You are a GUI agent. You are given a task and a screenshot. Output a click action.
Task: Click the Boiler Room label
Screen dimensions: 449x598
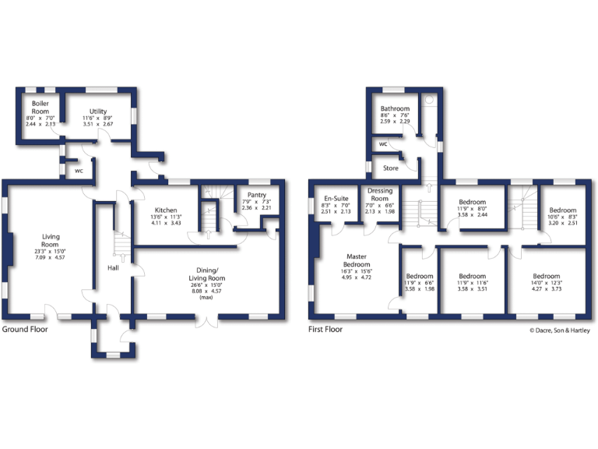pos(40,108)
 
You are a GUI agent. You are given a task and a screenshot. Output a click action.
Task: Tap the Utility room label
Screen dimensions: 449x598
pos(98,112)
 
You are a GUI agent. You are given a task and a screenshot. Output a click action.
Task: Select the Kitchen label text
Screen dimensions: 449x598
pos(166,210)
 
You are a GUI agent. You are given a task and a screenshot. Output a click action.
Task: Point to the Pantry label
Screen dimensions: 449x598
pos(256,195)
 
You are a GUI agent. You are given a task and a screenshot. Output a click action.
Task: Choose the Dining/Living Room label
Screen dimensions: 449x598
pos(206,274)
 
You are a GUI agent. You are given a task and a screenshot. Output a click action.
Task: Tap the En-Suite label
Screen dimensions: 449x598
pos(336,199)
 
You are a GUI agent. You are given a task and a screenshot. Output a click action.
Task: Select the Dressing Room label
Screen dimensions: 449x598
pos(380,195)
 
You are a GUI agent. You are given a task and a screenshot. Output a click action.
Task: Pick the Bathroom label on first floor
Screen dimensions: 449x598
pos(395,109)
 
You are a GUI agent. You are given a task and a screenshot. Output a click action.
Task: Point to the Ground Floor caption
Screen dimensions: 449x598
pos(24,329)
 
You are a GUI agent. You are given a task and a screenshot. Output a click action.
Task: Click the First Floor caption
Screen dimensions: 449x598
pos(328,329)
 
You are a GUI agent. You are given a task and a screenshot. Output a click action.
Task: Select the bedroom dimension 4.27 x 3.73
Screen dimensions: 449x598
pos(546,288)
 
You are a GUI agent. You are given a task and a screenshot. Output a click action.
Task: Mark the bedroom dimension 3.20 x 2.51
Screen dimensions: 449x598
pos(563,222)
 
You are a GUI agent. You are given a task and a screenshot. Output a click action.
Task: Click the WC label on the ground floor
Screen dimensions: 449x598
pos(79,170)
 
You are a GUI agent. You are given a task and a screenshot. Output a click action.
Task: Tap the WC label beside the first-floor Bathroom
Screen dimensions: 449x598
pos(383,144)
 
